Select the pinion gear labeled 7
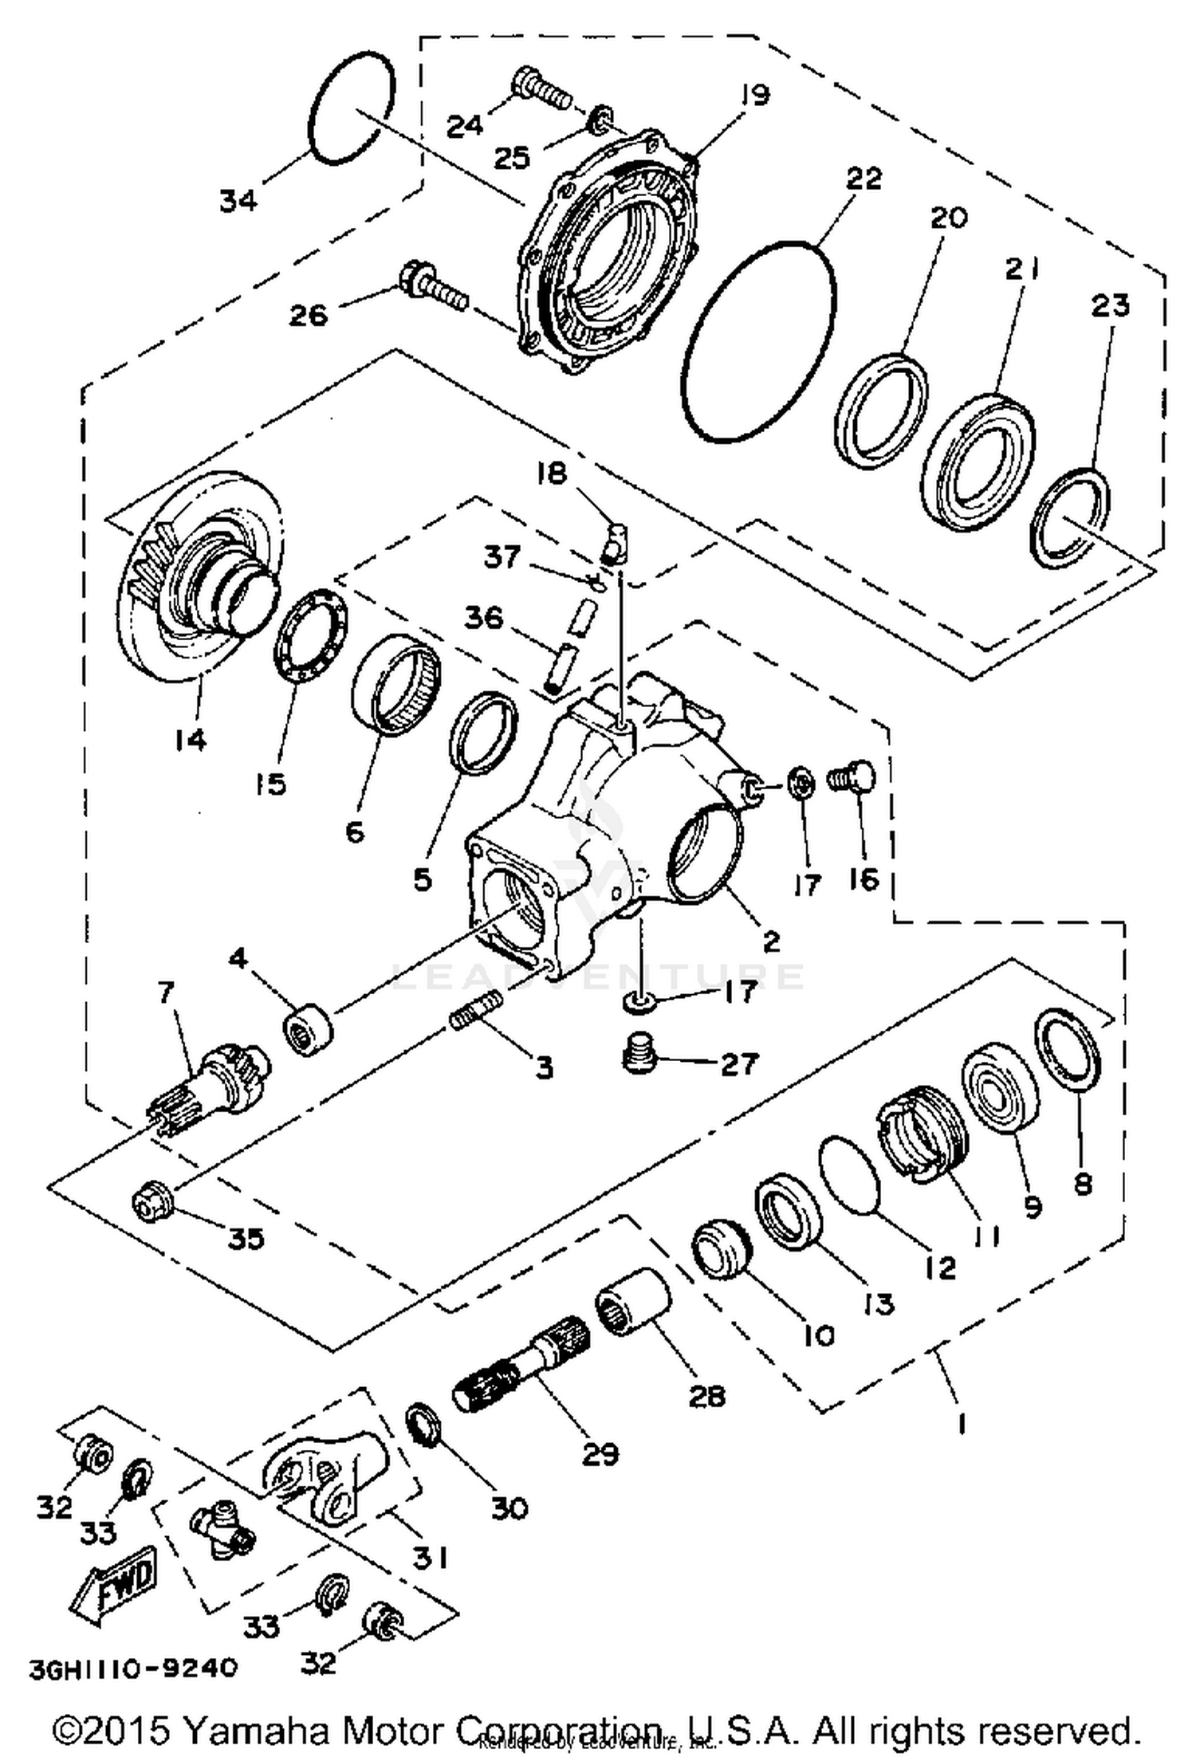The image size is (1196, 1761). [x=211, y=1083]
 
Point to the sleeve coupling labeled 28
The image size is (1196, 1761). [x=634, y=1303]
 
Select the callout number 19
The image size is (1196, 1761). [x=753, y=96]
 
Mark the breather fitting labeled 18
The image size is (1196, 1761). [x=616, y=544]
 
